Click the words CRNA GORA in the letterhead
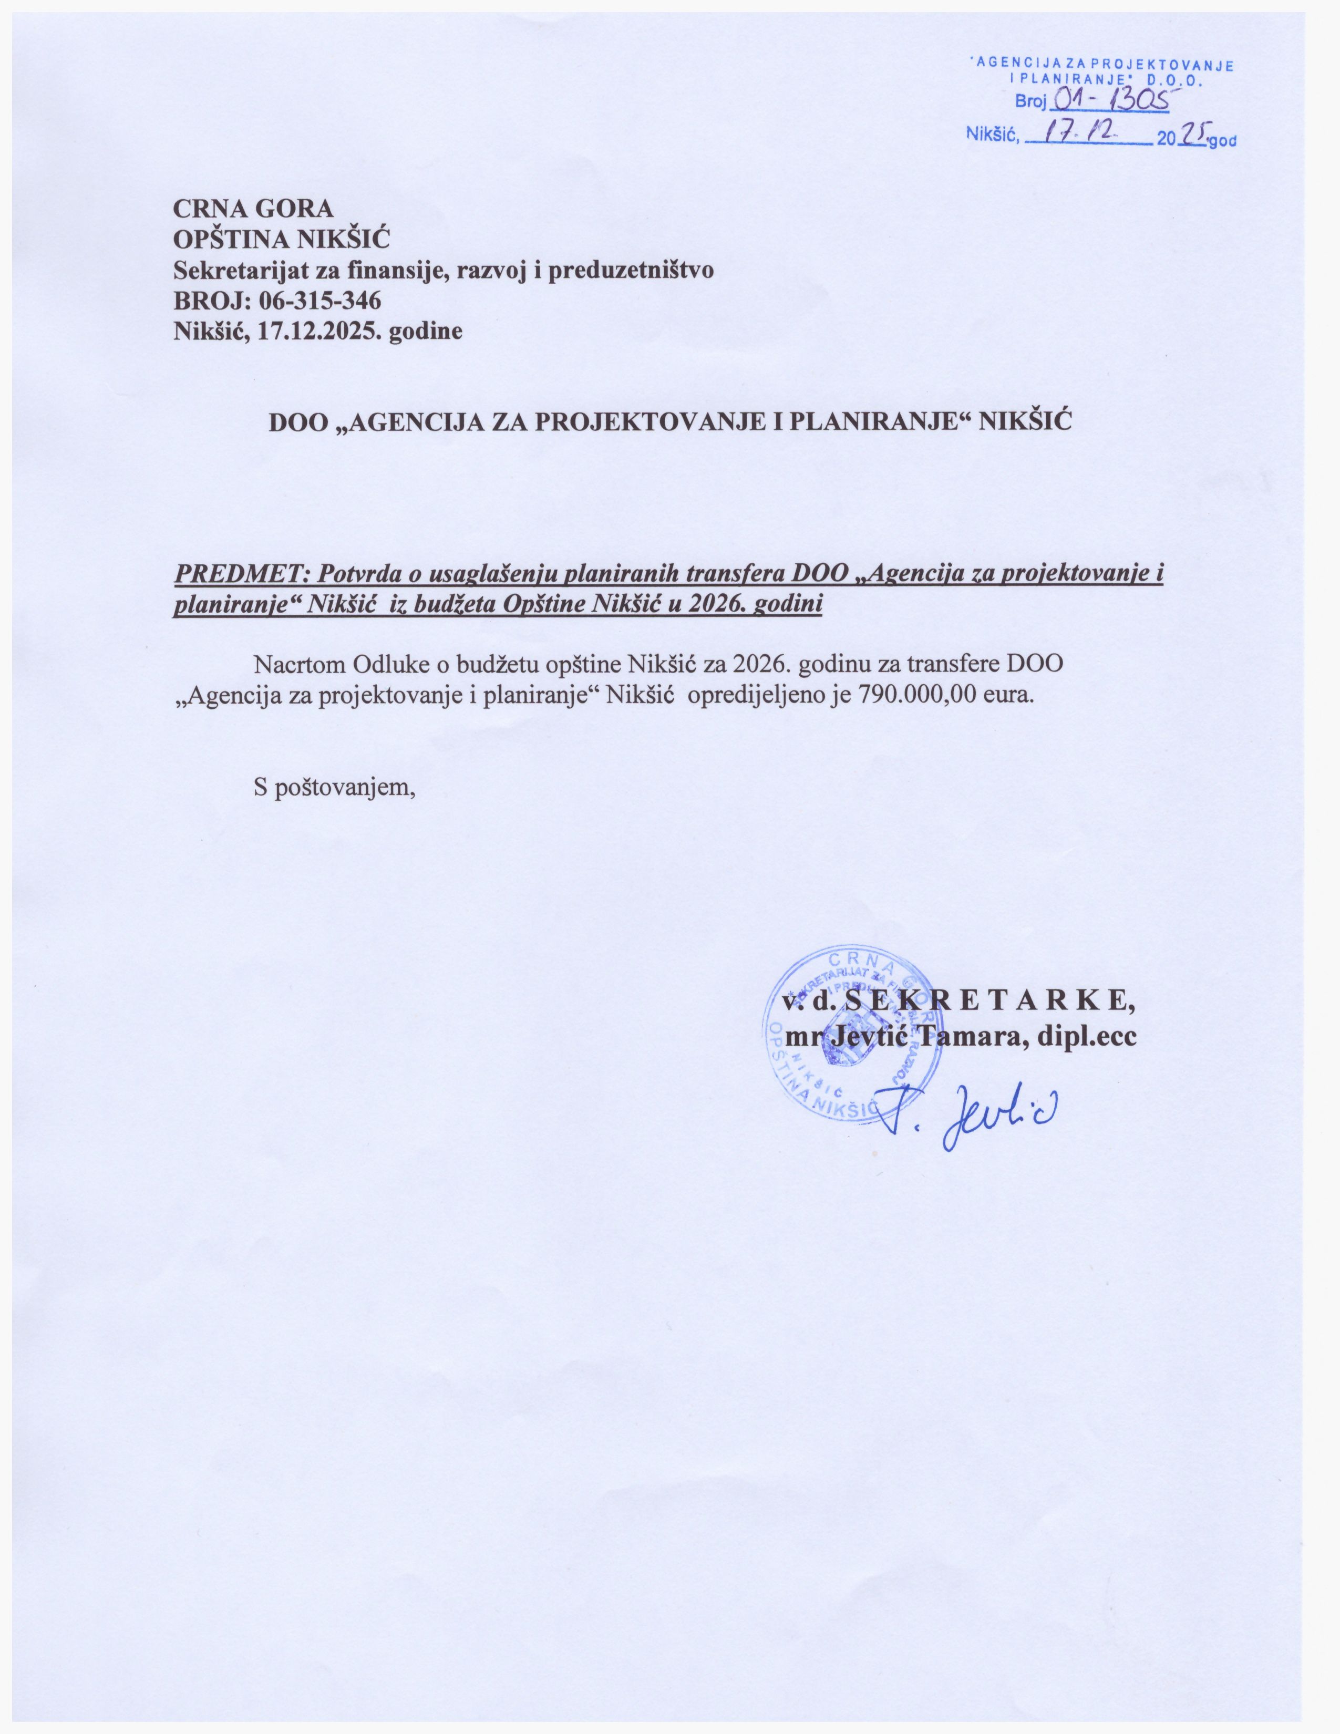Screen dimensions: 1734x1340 point(254,208)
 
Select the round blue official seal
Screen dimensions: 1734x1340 point(842,1031)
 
